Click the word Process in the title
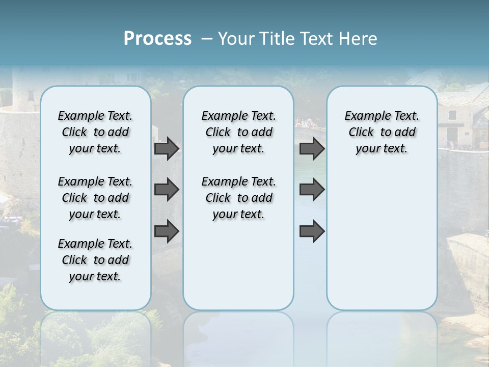157,38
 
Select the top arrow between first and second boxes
167,148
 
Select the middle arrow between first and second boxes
167,190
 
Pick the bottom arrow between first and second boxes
167,231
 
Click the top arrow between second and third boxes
312,148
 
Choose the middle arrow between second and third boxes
312,190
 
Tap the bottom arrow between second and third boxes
312,231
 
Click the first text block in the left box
95,132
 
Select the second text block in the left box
95,198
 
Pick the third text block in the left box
95,260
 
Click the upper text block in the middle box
238,132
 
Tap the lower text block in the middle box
238,198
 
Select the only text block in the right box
382,132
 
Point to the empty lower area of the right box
382,234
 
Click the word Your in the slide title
237,39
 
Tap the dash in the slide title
207,39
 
